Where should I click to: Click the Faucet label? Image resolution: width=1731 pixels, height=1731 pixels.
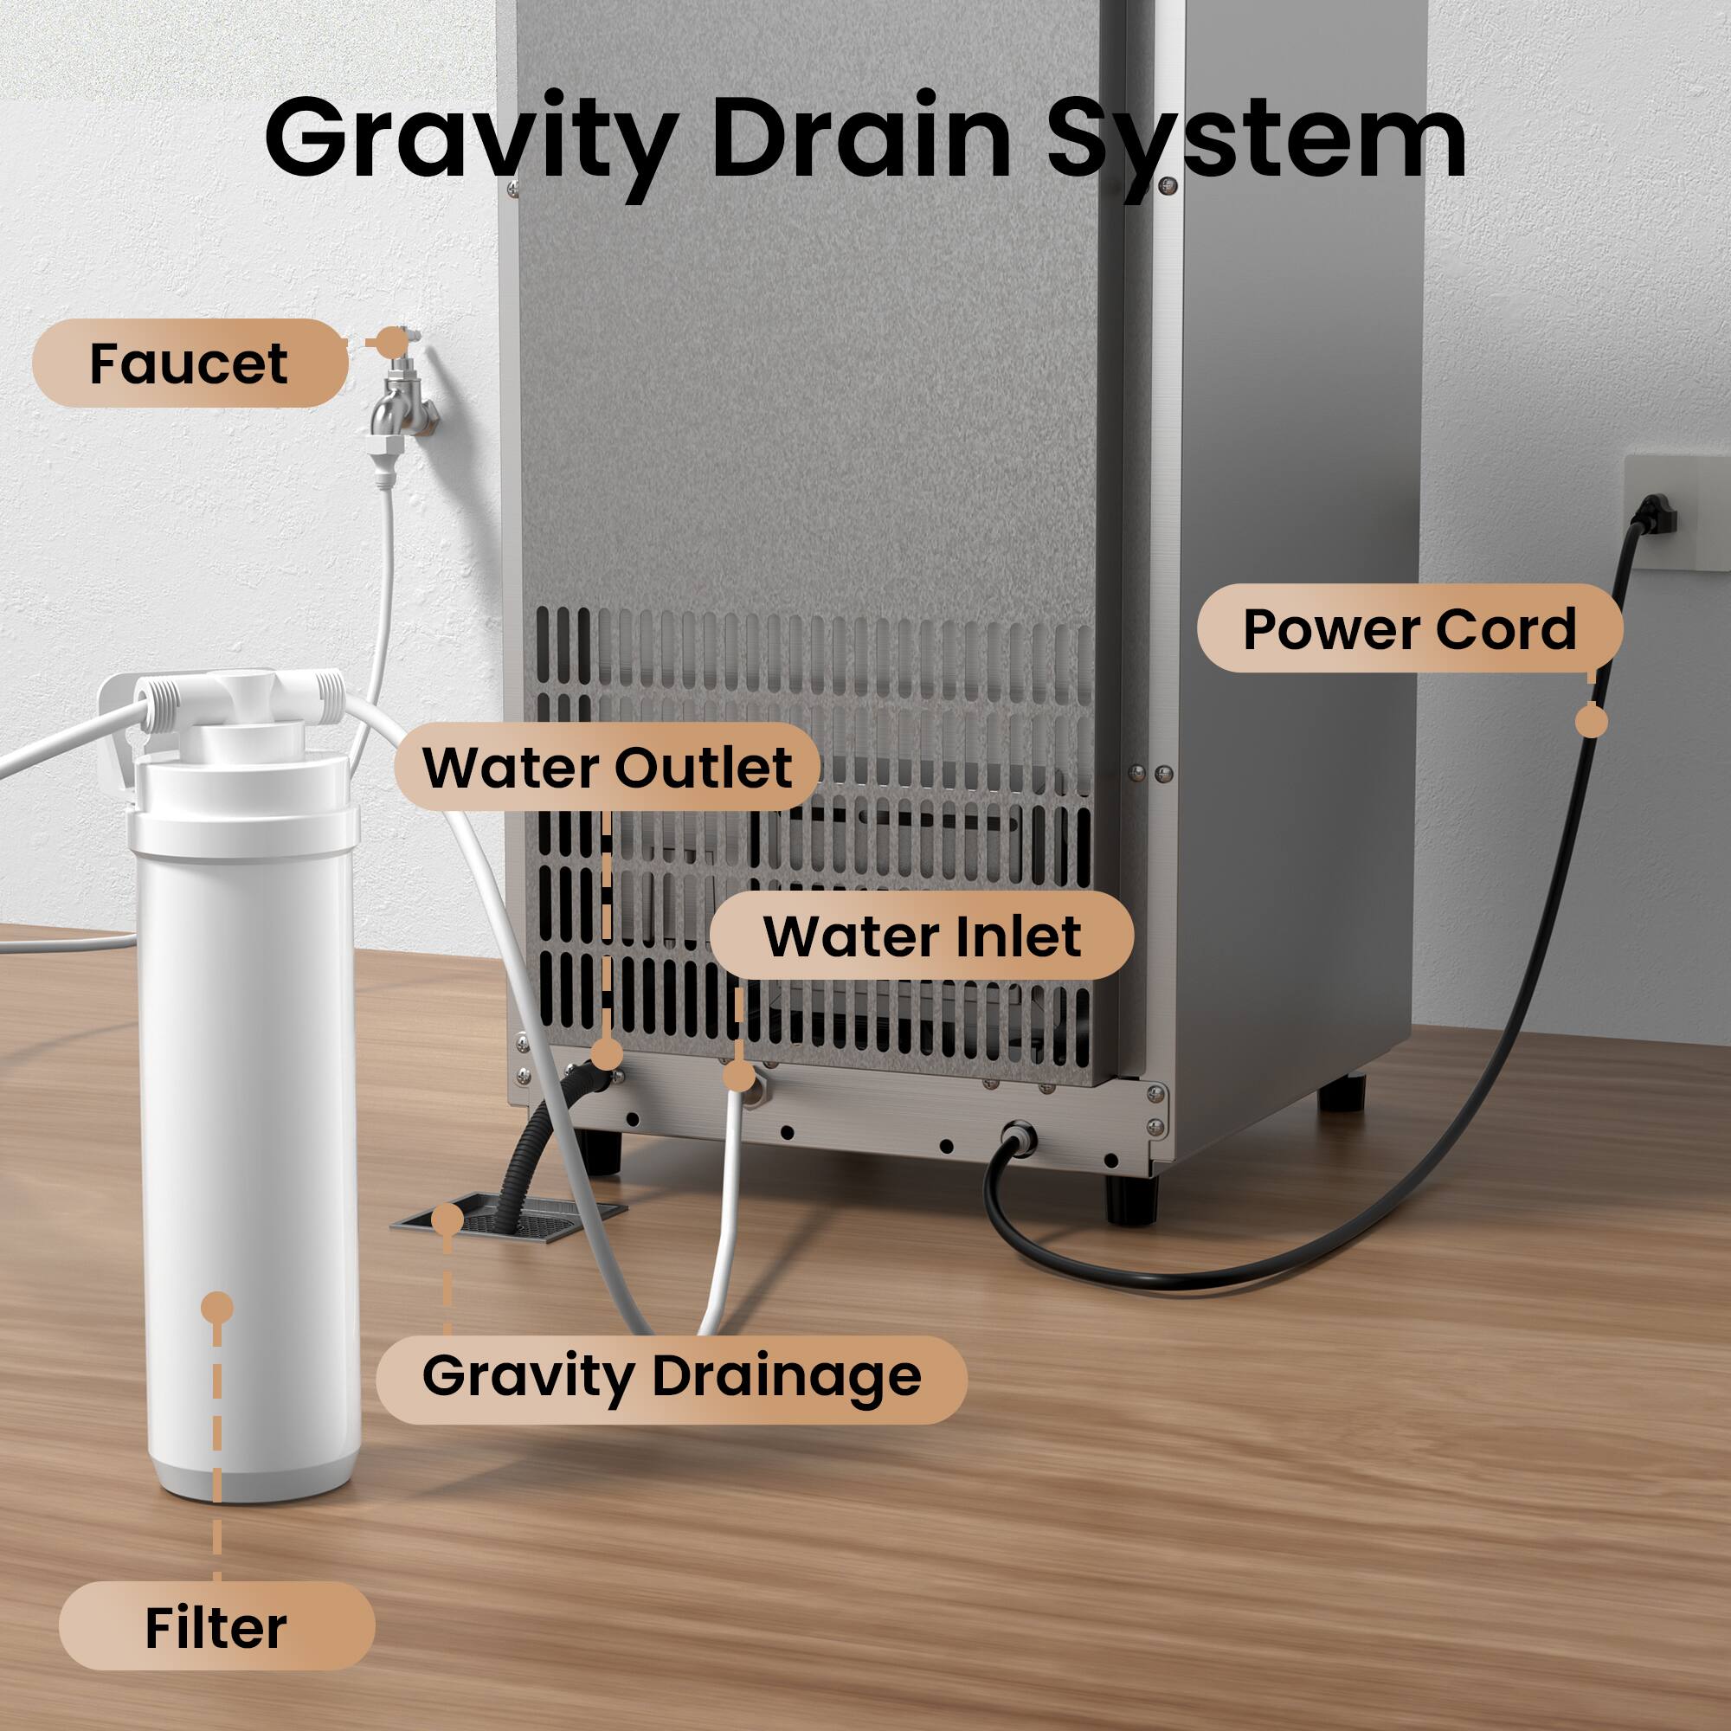coord(190,363)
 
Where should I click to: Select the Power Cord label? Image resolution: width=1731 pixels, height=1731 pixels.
coord(1408,629)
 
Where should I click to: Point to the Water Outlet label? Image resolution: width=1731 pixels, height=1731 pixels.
coord(608,767)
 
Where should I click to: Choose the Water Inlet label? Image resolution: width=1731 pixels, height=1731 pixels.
coord(922,936)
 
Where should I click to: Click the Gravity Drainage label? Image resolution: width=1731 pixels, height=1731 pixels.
coord(671,1376)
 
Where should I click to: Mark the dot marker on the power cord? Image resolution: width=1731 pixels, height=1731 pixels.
coord(1592,721)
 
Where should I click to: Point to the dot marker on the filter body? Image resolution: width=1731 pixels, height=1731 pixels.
coord(217,1308)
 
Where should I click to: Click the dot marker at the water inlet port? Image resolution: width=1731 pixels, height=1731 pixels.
coord(738,1075)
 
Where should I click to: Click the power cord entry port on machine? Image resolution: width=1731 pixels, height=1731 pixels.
coord(1020,1138)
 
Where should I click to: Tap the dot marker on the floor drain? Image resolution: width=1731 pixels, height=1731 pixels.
coord(447,1220)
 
